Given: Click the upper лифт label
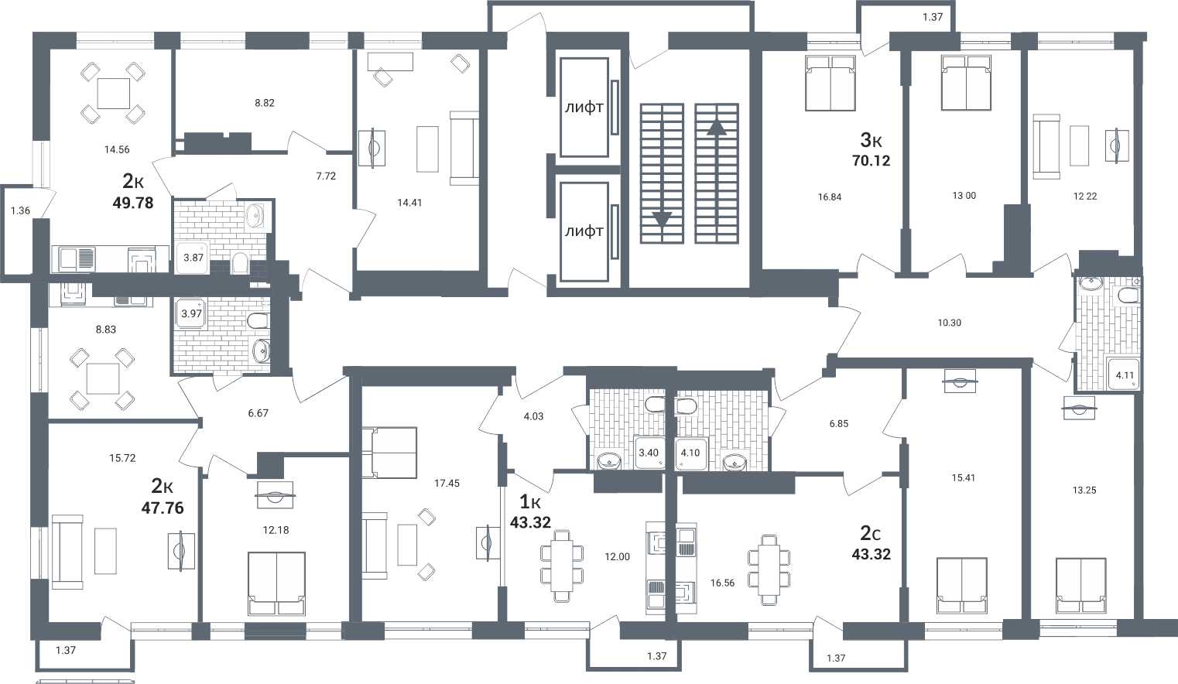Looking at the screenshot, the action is point(584,108).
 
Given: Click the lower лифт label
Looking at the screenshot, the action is point(584,231).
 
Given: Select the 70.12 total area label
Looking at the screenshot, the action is point(871,161).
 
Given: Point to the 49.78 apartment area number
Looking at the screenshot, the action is point(133,203).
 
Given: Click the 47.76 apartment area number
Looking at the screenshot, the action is point(163,508).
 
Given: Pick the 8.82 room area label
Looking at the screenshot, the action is point(265,103).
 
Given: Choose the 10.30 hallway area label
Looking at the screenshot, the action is point(949,323).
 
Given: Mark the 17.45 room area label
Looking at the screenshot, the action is point(447,483).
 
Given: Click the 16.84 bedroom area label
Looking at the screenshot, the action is point(830,197).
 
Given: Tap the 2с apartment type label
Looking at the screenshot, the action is point(871,534).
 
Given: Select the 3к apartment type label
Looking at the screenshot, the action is point(871,140).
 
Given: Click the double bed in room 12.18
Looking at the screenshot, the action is point(276,583).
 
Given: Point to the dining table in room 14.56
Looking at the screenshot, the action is point(113,94).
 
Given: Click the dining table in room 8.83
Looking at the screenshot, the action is point(103,378).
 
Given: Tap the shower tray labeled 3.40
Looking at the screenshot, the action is point(649,453).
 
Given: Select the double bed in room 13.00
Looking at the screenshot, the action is point(965,83).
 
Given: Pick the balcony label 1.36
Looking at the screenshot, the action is point(20,210).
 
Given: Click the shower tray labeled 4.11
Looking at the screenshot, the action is point(1124,374).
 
